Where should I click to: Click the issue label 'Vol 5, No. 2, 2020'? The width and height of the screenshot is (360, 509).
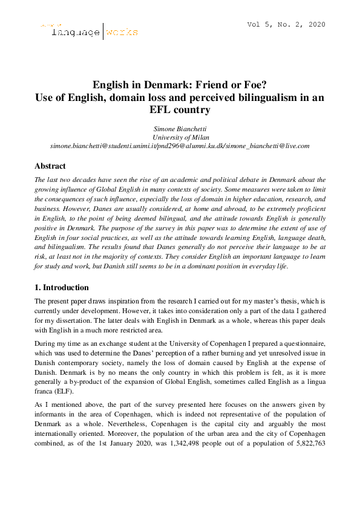coord(286,25)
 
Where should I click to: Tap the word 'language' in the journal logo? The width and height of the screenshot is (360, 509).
coord(76,32)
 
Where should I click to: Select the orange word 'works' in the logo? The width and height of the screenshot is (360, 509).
coord(122,32)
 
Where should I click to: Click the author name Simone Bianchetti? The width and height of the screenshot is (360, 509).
coord(180,128)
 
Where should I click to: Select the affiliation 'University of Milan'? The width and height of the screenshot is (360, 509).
coord(180,137)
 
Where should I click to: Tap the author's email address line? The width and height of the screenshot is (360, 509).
coord(180,146)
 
